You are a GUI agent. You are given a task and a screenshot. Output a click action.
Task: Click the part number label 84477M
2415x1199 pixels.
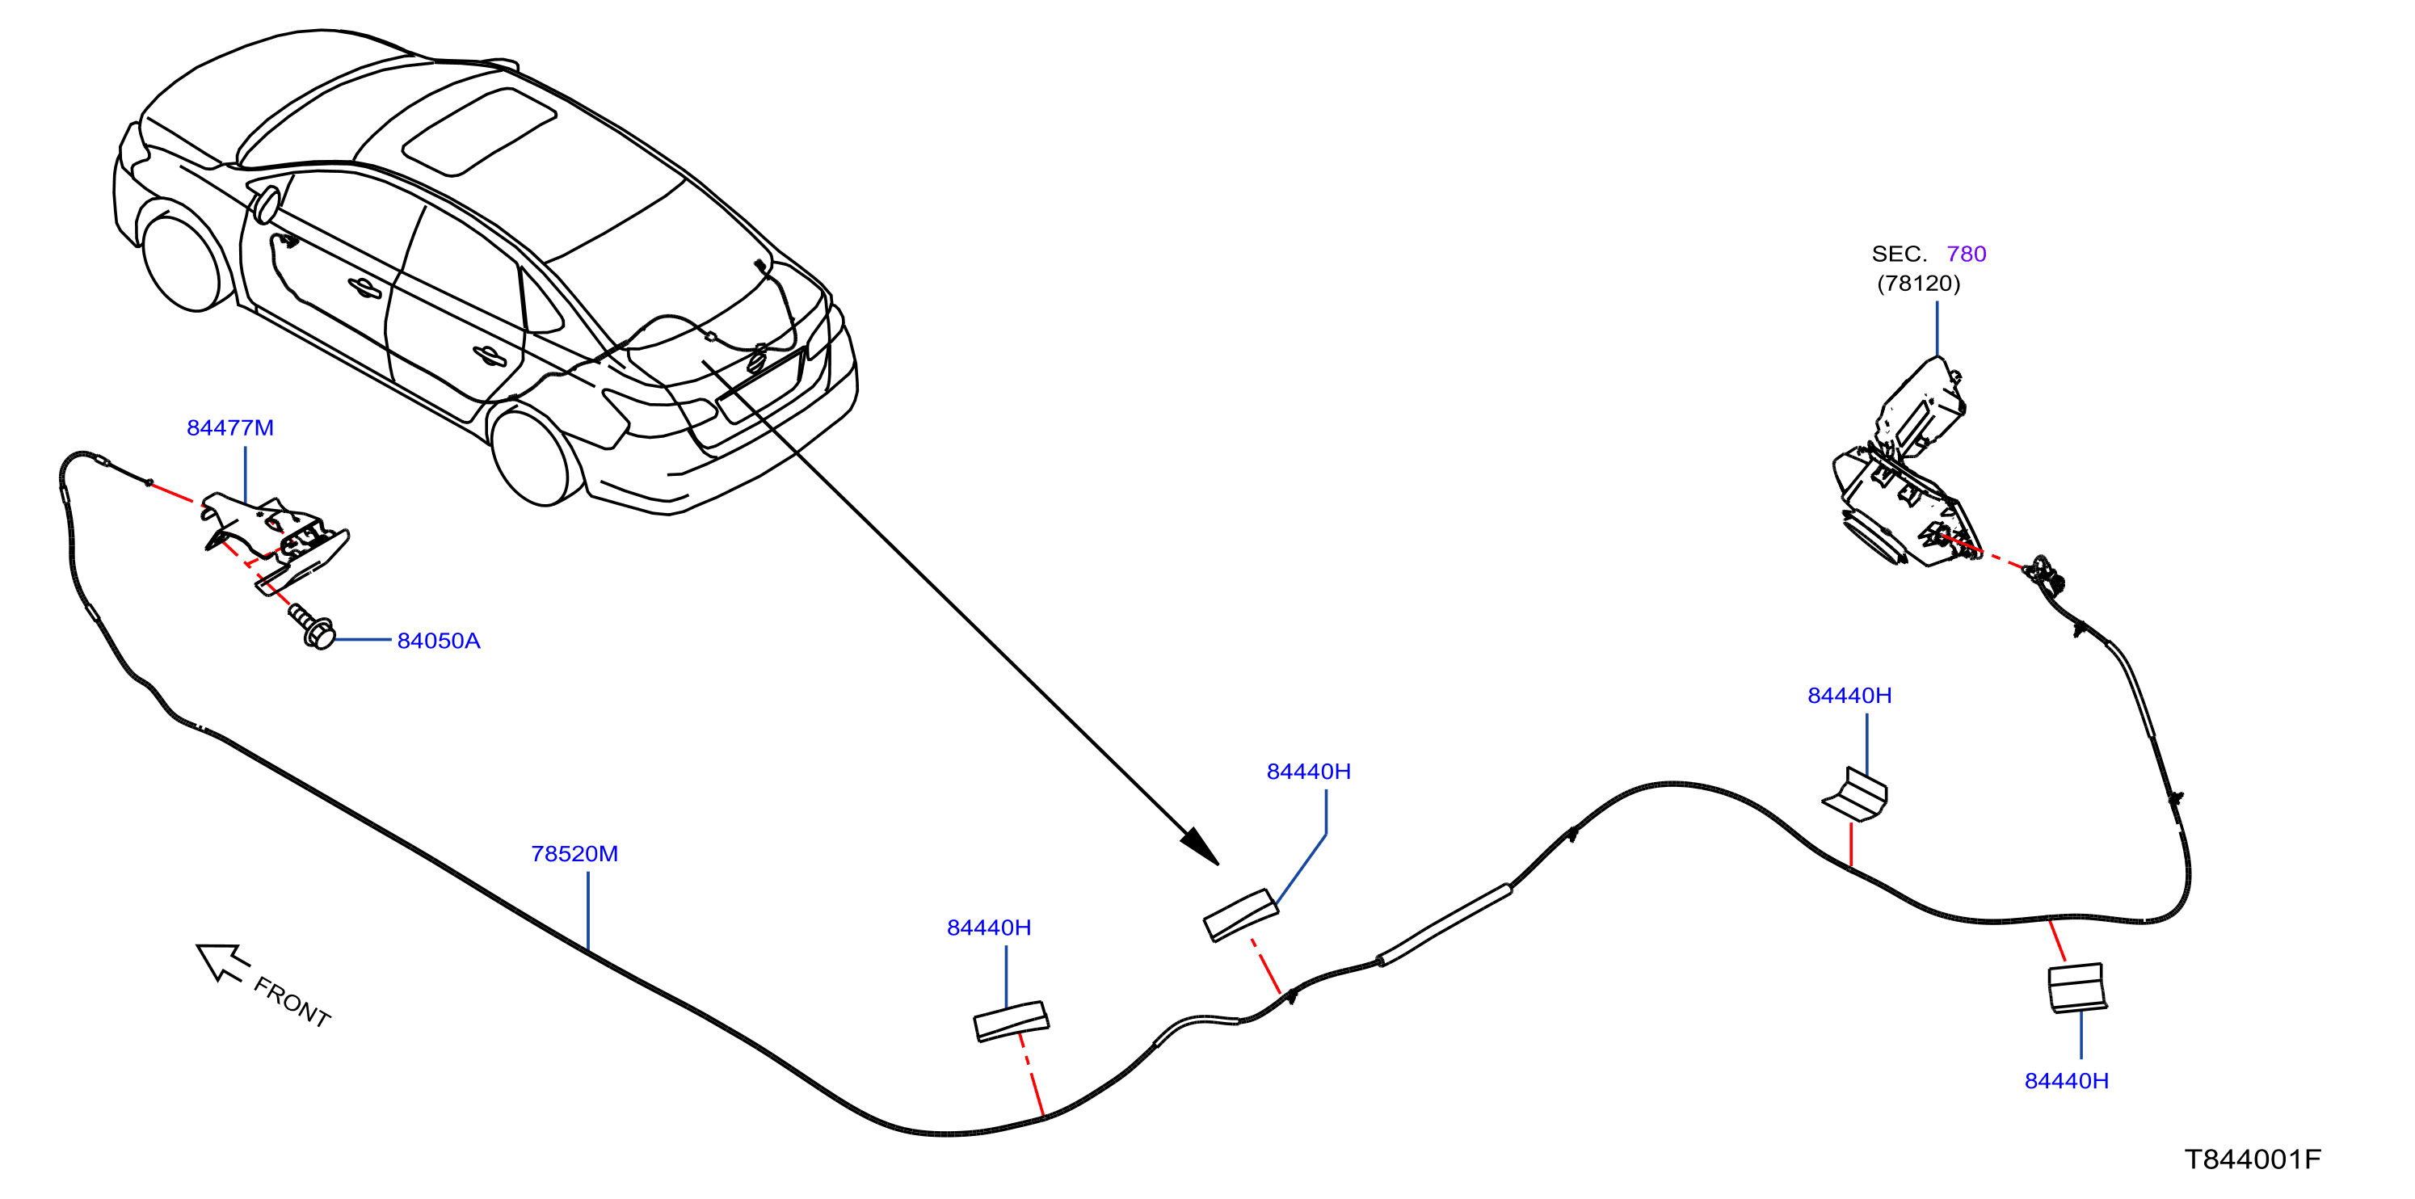coord(229,427)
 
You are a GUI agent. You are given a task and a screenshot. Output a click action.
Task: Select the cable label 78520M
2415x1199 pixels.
coord(574,853)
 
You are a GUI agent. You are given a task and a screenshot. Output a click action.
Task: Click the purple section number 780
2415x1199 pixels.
coord(1966,253)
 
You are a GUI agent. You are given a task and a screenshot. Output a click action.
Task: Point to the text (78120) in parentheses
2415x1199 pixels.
coord(1918,283)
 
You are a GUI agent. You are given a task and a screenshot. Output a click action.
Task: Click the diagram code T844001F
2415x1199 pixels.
coord(2253,1159)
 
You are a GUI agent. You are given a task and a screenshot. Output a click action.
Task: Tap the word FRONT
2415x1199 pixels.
coord(292,1002)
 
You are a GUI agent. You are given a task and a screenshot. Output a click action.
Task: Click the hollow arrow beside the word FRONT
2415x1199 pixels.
coord(221,961)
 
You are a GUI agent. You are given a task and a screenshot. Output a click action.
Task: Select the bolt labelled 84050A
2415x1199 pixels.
coord(312,626)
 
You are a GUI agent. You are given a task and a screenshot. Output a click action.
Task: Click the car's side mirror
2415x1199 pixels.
coord(267,205)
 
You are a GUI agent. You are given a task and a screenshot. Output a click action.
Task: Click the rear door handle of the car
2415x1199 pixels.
coord(489,355)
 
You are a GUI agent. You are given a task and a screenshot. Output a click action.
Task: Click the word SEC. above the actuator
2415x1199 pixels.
coord(1900,253)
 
